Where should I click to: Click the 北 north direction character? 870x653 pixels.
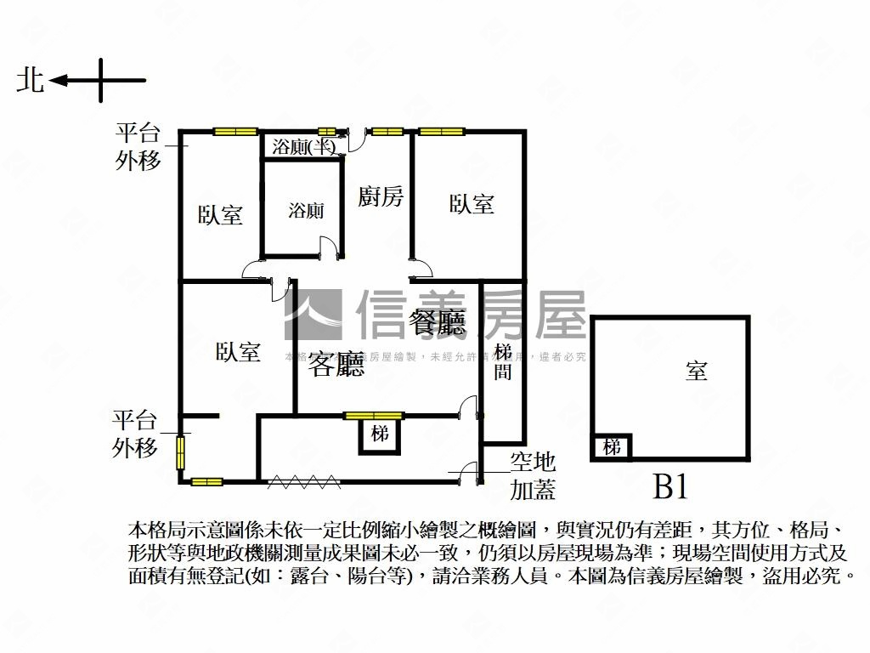(x=31, y=81)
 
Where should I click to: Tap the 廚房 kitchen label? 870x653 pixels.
(x=381, y=197)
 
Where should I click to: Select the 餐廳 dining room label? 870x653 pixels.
(x=437, y=322)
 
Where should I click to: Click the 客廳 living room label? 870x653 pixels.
(x=336, y=364)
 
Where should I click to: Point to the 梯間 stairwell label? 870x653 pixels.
(x=503, y=361)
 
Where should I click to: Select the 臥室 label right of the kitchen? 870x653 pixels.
(x=472, y=204)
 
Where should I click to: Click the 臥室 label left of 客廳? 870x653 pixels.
(x=238, y=352)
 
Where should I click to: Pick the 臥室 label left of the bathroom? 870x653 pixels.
(x=221, y=214)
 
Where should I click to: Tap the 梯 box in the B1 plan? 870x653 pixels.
(x=612, y=446)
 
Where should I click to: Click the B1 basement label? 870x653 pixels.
(x=669, y=487)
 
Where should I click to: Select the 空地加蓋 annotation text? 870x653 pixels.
(x=533, y=475)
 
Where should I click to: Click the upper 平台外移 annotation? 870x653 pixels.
(x=138, y=146)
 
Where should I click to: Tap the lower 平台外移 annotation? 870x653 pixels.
(x=136, y=434)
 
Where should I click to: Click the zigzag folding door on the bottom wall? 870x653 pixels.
(x=303, y=482)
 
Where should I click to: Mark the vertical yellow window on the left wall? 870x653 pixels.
(x=180, y=451)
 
